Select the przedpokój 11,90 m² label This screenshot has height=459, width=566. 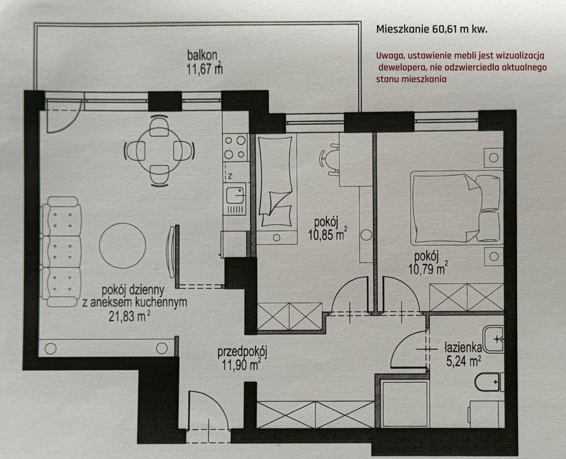242,358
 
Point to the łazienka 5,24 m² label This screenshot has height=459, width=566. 462,354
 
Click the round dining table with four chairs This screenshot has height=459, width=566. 159,151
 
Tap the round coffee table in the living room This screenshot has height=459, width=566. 123,245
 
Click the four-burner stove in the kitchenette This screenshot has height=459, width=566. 235,147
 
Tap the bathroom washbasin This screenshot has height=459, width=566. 495,338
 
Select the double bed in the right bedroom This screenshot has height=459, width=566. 456,207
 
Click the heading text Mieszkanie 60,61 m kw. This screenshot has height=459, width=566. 432,29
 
